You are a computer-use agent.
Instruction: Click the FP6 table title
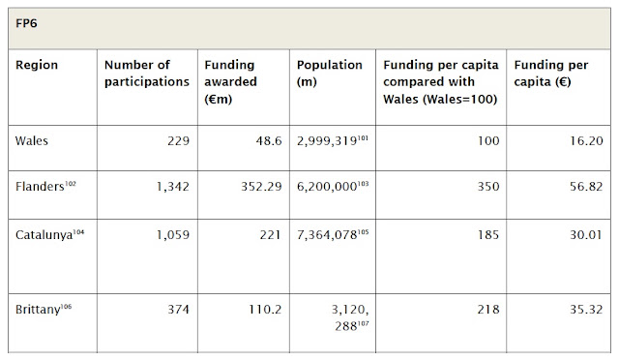[26, 23]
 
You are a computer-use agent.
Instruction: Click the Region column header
[37, 65]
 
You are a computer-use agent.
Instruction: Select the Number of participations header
[147, 74]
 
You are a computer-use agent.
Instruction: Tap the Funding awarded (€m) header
[230, 82]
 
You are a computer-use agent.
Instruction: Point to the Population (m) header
[329, 74]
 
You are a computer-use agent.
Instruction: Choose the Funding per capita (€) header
[550, 74]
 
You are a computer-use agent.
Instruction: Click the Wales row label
[32, 140]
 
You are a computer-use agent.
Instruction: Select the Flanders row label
[40, 186]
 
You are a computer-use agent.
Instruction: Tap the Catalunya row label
[44, 235]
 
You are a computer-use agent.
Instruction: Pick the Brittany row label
[38, 309]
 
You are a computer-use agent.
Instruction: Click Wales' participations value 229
[178, 140]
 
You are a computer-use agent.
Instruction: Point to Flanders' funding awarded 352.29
[261, 186]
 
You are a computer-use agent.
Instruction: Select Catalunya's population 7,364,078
[327, 235]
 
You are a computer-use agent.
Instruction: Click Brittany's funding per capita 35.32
[586, 309]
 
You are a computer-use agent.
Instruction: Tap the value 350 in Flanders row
[488, 186]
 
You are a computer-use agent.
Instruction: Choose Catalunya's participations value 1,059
[173, 235]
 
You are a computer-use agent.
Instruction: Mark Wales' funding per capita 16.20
[586, 140]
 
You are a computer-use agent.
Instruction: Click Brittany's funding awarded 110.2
[265, 309]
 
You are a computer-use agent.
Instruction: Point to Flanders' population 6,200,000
[327, 186]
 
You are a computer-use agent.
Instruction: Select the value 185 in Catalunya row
[488, 235]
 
